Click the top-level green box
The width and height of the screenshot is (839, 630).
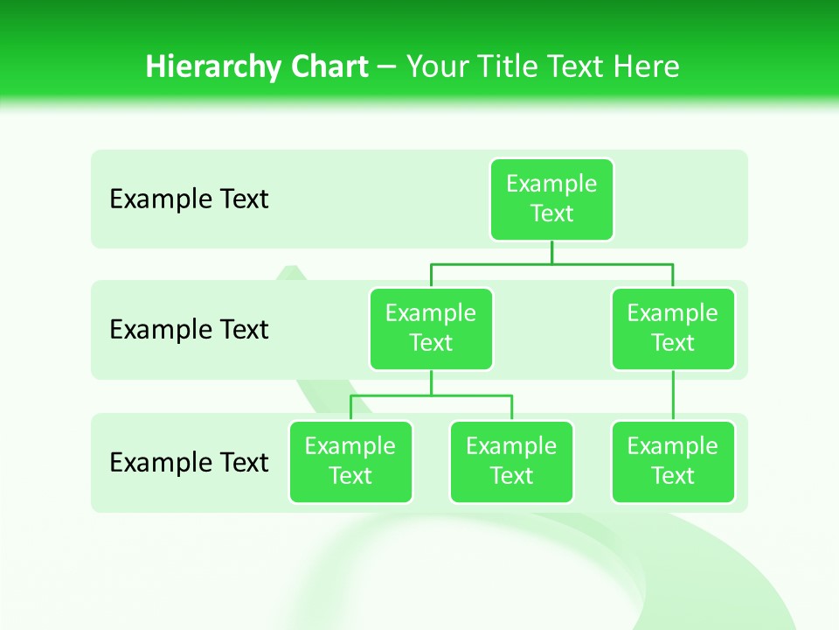click(551, 199)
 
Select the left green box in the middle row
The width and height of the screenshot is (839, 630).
click(431, 328)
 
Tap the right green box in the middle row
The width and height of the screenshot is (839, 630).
click(673, 328)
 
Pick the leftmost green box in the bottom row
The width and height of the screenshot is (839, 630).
click(350, 461)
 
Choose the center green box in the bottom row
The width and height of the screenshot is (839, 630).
click(511, 461)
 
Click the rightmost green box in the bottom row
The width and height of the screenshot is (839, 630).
click(673, 461)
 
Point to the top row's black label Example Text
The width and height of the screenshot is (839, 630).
click(189, 199)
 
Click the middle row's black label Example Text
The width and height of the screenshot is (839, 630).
click(189, 330)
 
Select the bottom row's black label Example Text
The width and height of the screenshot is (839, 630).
click(189, 462)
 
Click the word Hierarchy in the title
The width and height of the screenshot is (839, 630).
click(213, 67)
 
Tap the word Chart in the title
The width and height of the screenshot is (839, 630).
click(330, 66)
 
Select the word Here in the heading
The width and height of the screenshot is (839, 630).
click(646, 66)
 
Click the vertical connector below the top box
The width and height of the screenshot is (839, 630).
click(551, 252)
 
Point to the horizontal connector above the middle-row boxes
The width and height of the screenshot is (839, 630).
click(551, 263)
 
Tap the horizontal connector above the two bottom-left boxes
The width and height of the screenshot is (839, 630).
click(431, 395)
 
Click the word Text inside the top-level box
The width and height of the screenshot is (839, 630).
click(551, 213)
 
